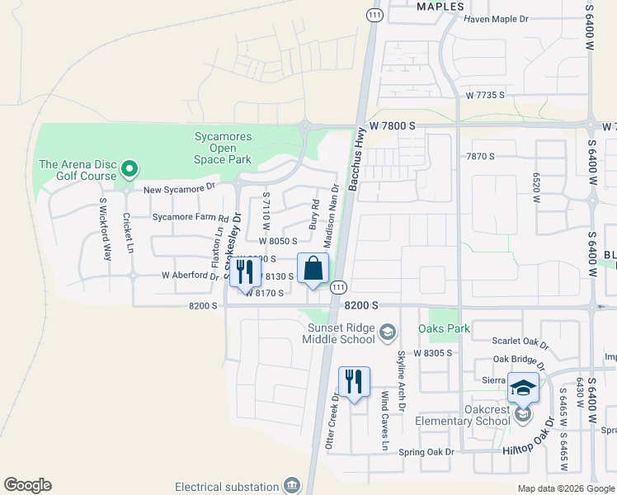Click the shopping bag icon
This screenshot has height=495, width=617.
tap(313, 268)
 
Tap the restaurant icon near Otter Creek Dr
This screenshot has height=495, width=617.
tap(354, 381)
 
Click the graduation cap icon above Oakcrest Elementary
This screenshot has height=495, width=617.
tap(522, 387)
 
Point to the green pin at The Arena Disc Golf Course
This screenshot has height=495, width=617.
tap(129, 170)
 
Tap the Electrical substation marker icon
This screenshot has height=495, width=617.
tap(291, 485)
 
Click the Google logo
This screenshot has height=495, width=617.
tap(27, 485)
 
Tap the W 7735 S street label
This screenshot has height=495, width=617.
tap(484, 96)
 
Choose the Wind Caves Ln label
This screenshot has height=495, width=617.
tap(384, 421)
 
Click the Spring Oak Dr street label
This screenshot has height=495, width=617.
tap(426, 452)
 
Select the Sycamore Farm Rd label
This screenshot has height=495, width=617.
tap(190, 218)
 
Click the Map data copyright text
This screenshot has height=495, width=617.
tap(565, 488)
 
